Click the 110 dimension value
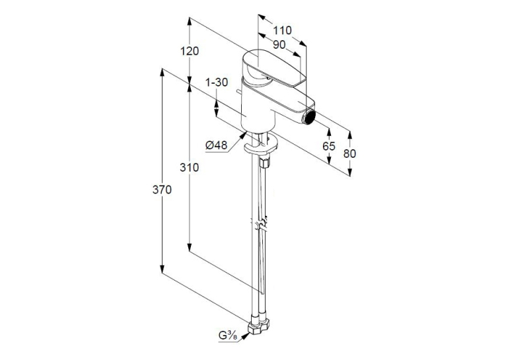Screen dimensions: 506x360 click(282, 30)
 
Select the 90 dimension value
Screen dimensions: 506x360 click(279, 44)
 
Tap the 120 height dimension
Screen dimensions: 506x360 click(190, 51)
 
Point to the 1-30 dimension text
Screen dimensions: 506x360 click(217, 83)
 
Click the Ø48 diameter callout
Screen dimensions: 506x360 click(216, 145)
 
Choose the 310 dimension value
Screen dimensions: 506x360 click(190, 167)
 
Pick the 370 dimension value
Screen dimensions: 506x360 click(162, 190)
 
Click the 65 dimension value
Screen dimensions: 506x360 click(329, 146)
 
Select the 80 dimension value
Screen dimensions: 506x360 click(349, 153)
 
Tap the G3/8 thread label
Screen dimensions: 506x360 click(228, 336)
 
